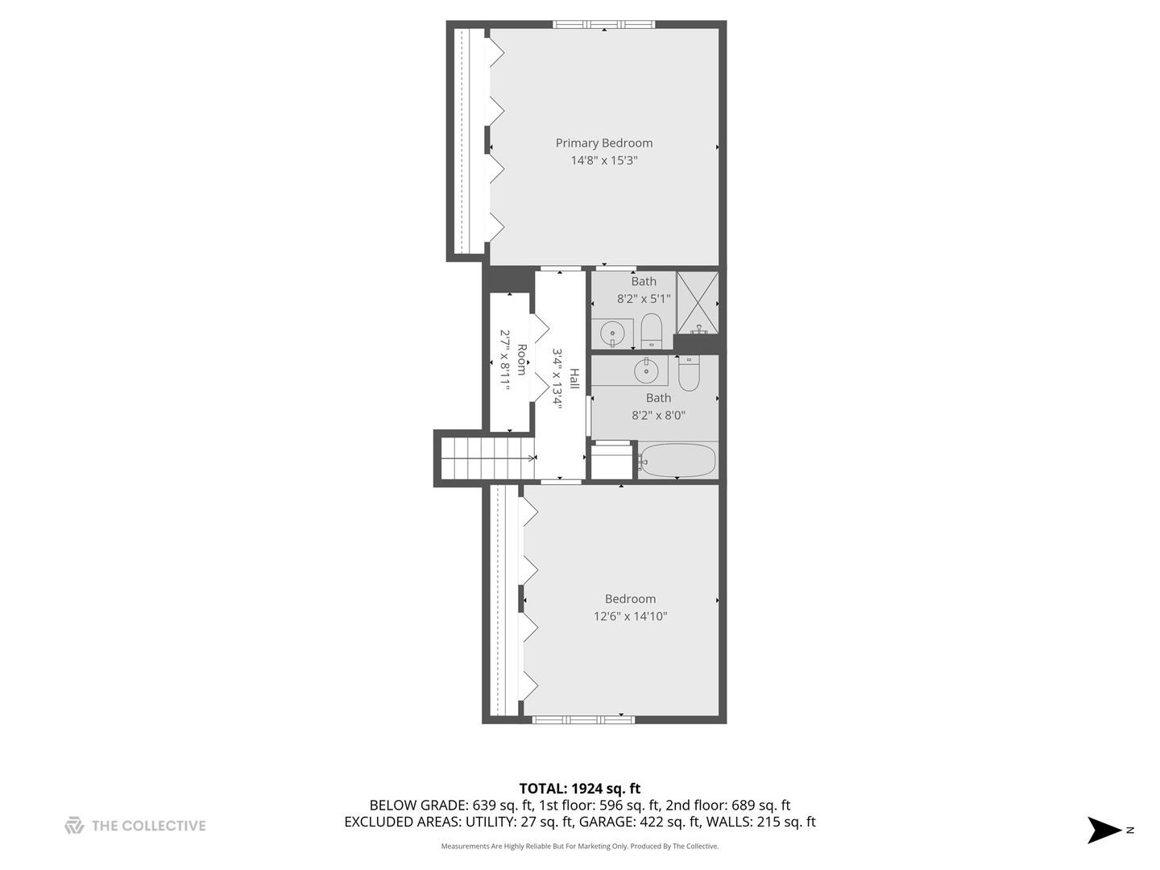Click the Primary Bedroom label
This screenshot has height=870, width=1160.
coord(603,143)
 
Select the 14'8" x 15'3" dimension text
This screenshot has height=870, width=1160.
coord(604,160)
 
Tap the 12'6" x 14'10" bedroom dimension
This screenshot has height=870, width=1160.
coord(630,616)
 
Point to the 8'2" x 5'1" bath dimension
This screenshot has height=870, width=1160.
coord(644,299)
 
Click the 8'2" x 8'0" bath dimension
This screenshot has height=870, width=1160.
coord(658,416)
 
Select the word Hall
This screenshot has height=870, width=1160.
coord(574,379)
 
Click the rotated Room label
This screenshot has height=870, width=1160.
coord(522,359)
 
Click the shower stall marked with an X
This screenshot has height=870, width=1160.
coord(697,302)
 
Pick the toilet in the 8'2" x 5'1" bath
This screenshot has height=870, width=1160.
coord(651,331)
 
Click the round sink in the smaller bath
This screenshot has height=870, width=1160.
coord(613,331)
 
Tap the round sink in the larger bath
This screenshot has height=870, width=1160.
coord(646,371)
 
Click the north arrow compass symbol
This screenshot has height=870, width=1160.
coord(1105,830)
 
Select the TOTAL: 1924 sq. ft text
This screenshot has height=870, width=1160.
coord(579,789)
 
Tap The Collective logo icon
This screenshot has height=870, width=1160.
coord(74,825)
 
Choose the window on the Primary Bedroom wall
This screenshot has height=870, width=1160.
coord(603,24)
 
